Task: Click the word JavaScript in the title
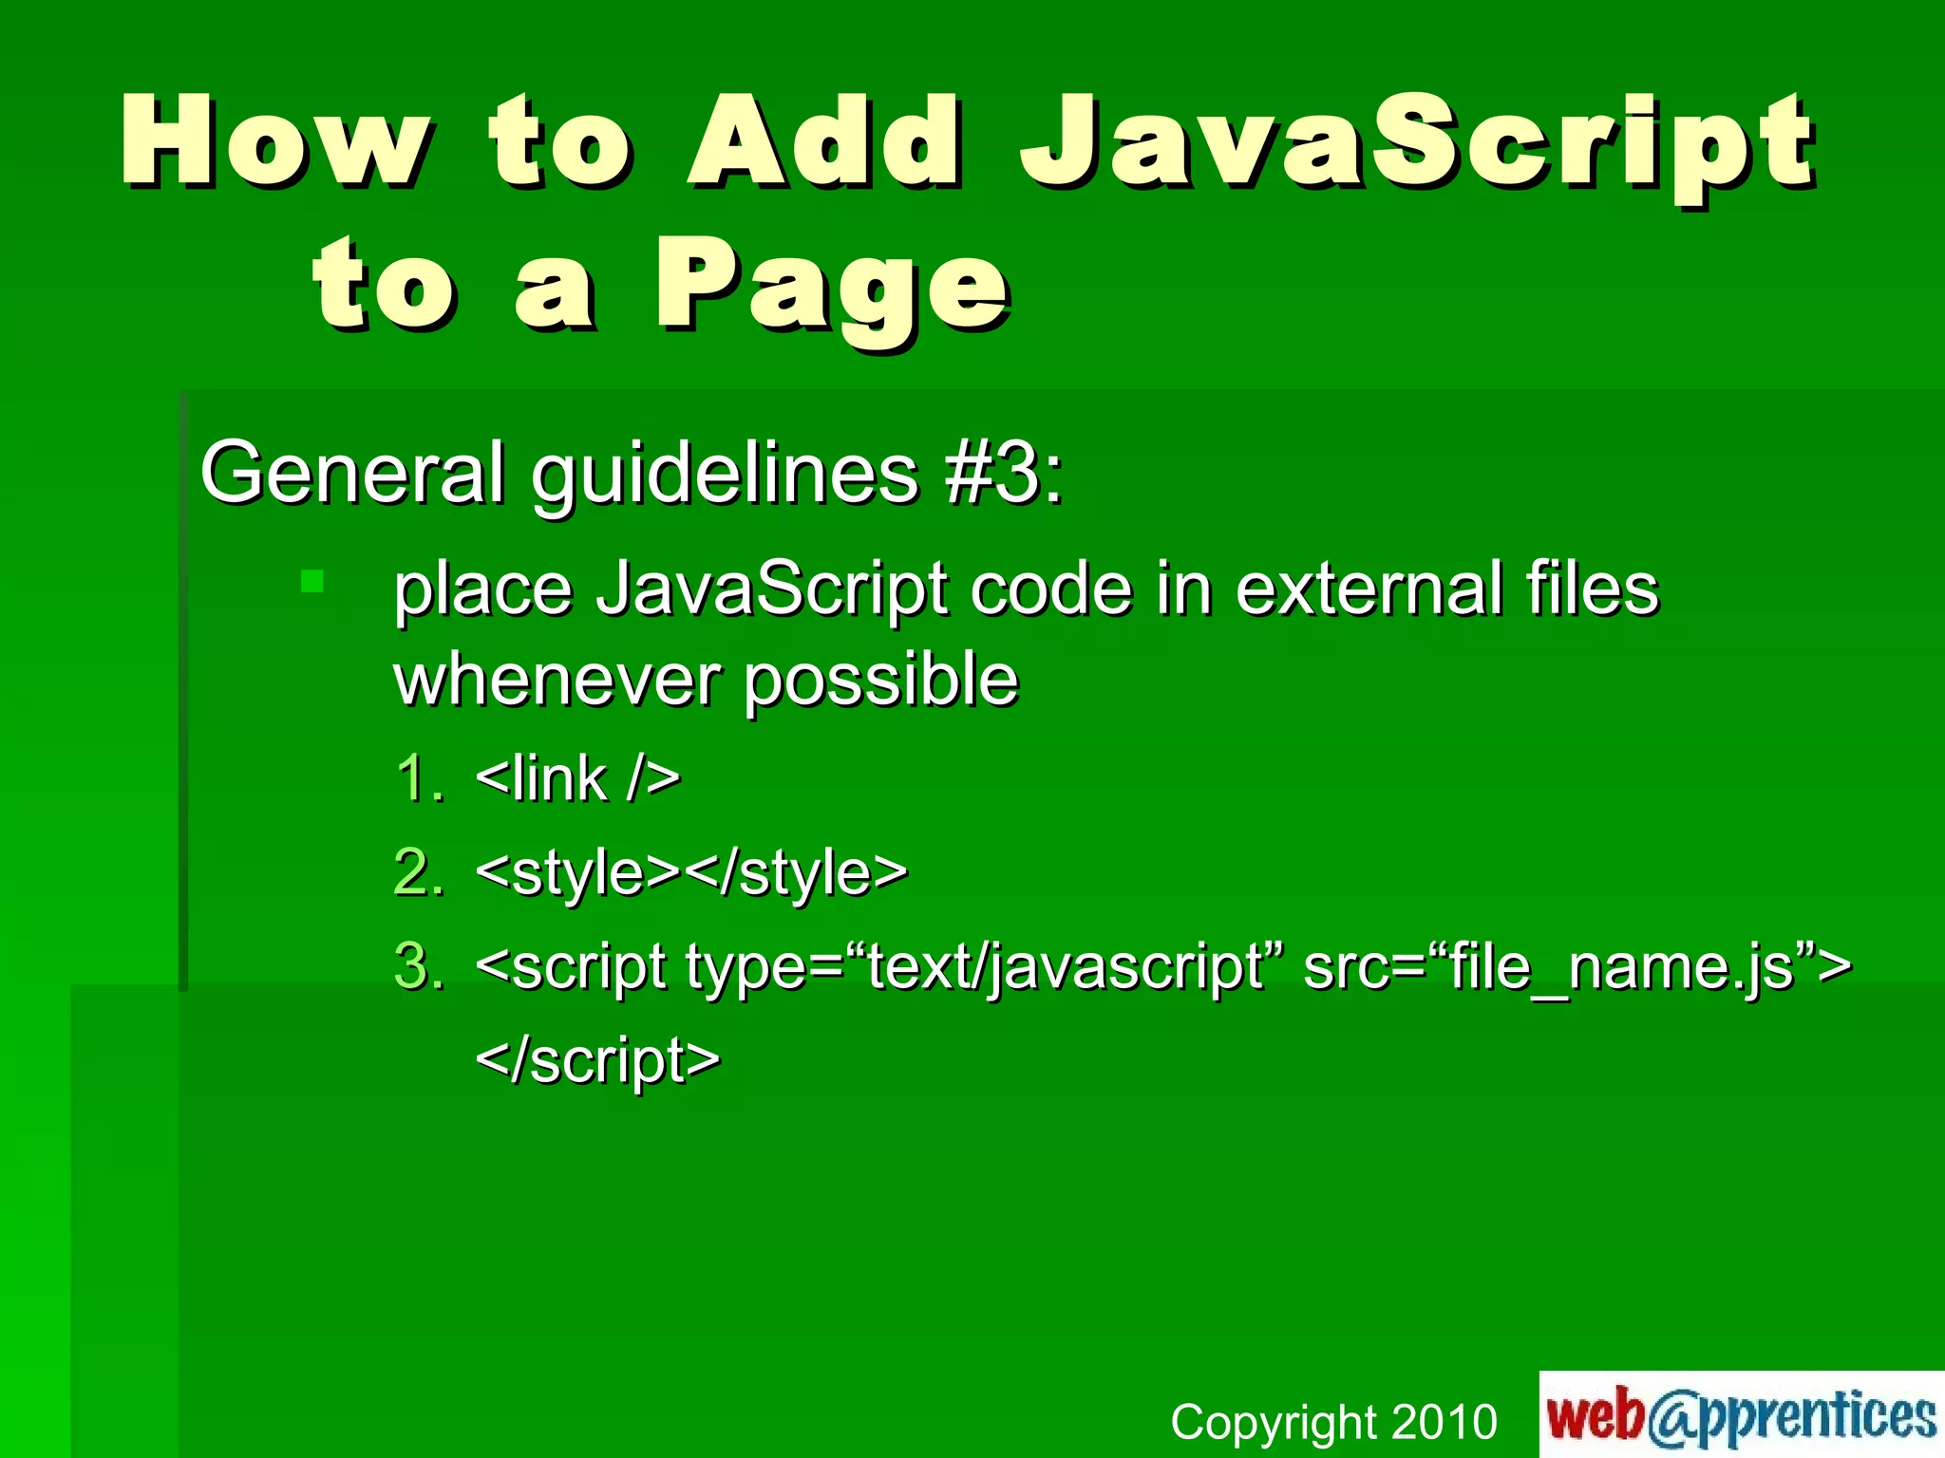(1417, 142)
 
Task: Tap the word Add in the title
(825, 142)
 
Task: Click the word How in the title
(275, 142)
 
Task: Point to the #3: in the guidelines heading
(1004, 472)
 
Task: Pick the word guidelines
(725, 472)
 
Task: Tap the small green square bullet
(312, 580)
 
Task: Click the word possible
(880, 682)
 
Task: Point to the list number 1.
(419, 778)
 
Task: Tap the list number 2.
(419, 871)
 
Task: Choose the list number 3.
(419, 965)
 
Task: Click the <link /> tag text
(577, 778)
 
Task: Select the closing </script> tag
(597, 1059)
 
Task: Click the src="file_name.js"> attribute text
(1577, 966)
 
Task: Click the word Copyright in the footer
(1273, 1422)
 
